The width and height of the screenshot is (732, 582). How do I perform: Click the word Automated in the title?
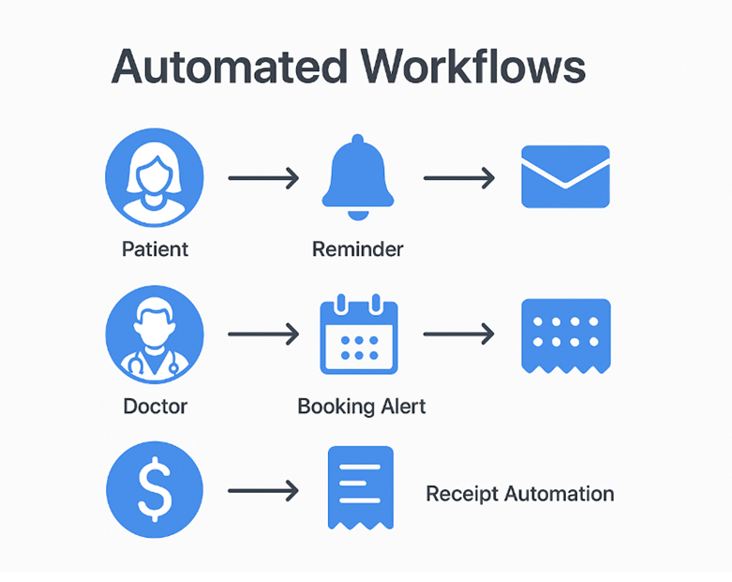(x=230, y=67)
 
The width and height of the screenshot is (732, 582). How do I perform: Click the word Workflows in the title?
(x=475, y=67)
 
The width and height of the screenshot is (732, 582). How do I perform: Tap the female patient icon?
(x=154, y=178)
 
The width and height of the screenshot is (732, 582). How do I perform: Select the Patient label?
(x=155, y=249)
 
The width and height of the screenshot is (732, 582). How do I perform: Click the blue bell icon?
(x=359, y=178)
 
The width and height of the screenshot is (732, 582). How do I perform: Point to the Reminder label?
(x=357, y=249)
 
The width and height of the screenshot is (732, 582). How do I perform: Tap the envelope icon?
(x=565, y=176)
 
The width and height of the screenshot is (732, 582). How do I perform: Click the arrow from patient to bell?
(x=262, y=177)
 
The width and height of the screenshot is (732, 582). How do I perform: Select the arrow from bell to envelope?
(x=458, y=177)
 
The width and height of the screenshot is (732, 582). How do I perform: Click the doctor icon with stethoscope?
(x=154, y=335)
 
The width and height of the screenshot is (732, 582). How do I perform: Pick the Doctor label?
(x=155, y=407)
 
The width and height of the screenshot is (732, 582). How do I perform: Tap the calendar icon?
(x=359, y=335)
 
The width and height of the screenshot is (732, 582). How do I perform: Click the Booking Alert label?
(x=361, y=407)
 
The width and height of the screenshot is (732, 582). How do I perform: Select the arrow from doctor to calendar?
(x=262, y=335)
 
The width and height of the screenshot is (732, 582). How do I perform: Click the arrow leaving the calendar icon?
(x=458, y=335)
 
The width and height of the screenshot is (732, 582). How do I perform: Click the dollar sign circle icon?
(x=154, y=490)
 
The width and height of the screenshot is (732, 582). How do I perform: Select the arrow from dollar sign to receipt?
(x=262, y=490)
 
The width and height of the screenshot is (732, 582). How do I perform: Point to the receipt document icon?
(x=359, y=488)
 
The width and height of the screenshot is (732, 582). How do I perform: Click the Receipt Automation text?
(x=520, y=493)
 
